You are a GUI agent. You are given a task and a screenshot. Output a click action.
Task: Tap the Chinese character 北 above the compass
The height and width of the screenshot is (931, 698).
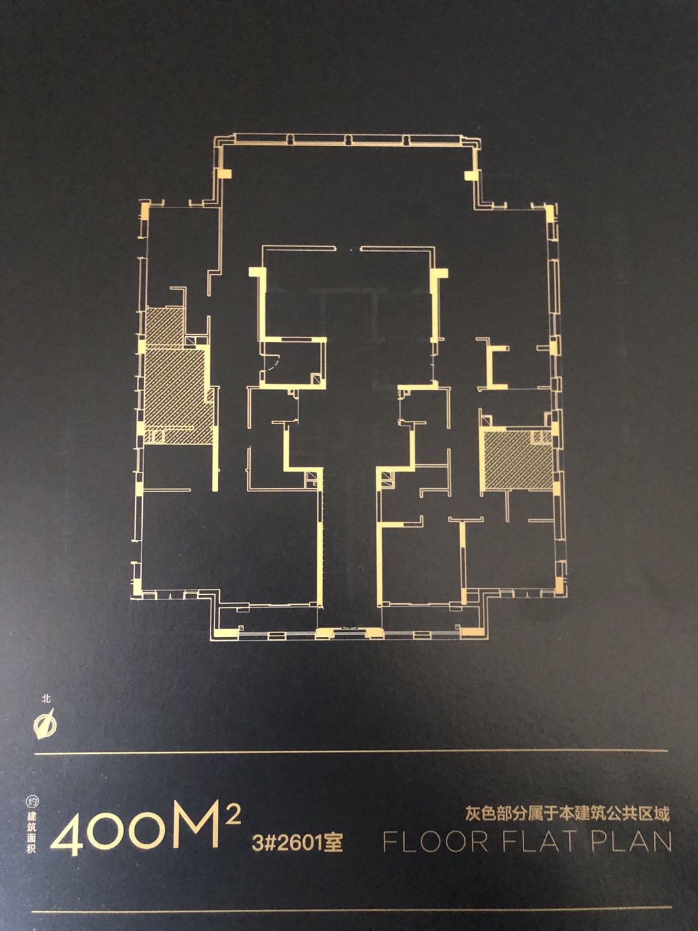(x=46, y=698)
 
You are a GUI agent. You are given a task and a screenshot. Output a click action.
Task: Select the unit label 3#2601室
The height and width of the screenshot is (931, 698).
(x=297, y=842)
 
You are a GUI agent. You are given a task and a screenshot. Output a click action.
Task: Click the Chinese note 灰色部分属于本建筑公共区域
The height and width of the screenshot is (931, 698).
(x=567, y=814)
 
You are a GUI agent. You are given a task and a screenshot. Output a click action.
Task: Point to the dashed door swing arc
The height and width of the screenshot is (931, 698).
(x=274, y=360)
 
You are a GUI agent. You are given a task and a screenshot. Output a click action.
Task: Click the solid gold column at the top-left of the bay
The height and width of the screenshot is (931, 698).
(x=225, y=174)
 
